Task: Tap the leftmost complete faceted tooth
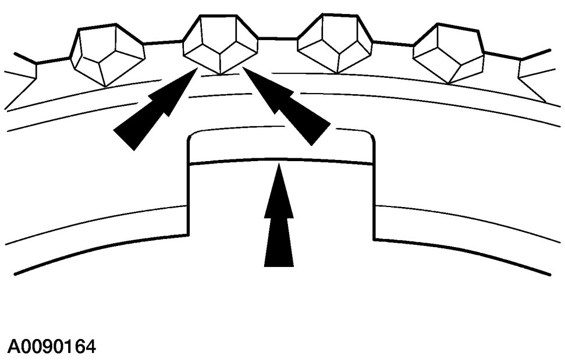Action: point(106,54)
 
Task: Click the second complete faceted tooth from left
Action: point(220,44)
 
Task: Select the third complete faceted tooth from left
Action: point(335,44)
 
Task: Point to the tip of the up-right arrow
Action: point(195,69)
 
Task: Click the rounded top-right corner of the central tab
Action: point(369,135)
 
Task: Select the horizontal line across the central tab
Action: point(279,160)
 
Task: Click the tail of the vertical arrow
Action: point(279,265)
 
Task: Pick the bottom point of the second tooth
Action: point(220,73)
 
